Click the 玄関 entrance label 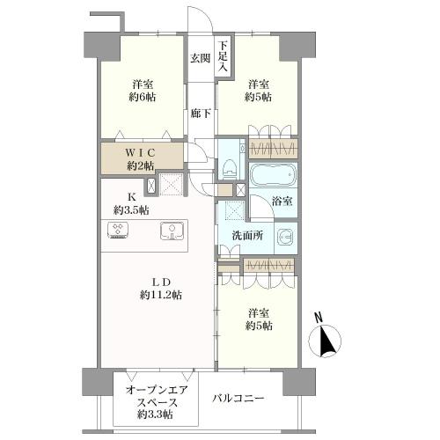point(200,59)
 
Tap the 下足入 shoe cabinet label point(224,55)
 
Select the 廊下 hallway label point(200,113)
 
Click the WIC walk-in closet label point(141,152)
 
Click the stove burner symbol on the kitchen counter point(118,231)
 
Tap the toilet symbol point(230,164)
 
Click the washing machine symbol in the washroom point(285,236)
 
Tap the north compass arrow point(328,340)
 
